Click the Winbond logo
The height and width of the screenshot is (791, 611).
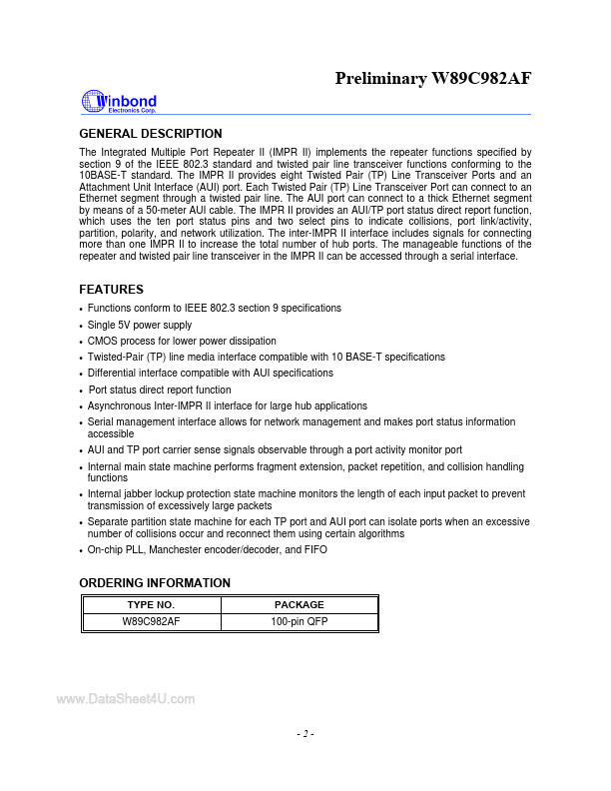point(118,102)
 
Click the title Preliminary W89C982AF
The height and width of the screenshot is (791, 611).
point(432,78)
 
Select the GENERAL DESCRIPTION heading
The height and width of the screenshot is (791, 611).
point(150,134)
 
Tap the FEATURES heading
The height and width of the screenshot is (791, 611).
point(111,290)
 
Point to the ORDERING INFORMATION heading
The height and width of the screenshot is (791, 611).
point(155,583)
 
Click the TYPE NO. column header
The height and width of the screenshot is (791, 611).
point(151,605)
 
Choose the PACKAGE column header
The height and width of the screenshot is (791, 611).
point(299,605)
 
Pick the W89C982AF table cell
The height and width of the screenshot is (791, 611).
point(151,621)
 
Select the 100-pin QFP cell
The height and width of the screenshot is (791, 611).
point(299,621)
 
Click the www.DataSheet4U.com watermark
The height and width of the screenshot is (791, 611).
point(126,699)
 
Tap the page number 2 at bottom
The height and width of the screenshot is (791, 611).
point(305,735)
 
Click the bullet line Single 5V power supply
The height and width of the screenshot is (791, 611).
point(140,325)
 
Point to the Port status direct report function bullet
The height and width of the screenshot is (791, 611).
point(160,390)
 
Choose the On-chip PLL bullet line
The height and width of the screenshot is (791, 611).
point(207,550)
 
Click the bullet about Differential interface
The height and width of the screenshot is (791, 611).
point(210,373)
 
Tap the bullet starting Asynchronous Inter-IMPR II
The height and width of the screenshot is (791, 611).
point(227,405)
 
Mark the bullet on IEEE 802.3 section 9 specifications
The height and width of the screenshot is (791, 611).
point(214,308)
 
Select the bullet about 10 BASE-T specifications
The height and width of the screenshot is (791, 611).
point(266,357)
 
